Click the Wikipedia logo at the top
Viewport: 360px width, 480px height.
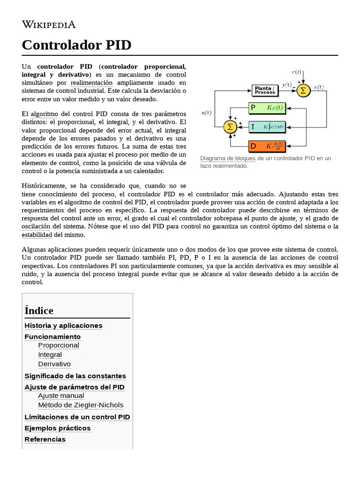49,24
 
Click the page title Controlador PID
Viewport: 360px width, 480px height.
76,45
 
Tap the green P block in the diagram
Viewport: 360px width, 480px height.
266,108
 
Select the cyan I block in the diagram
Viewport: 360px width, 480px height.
266,127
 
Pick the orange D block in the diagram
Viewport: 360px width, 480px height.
266,146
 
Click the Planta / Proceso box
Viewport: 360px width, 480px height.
265,90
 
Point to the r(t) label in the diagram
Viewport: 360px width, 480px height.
297,72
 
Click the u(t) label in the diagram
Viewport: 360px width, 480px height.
206,112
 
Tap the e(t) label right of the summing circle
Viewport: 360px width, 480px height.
319,87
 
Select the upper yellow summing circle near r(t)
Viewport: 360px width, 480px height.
303,90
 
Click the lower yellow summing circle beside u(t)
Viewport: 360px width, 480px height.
230,127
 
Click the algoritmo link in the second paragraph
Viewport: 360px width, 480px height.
44,114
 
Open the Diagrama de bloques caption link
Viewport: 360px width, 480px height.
227,158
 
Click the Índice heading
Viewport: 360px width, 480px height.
39,310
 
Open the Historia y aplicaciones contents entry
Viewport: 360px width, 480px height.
63,325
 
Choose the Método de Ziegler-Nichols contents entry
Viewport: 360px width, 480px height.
81,405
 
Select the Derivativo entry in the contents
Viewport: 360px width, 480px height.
54,364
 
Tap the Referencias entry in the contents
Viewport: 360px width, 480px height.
45,439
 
